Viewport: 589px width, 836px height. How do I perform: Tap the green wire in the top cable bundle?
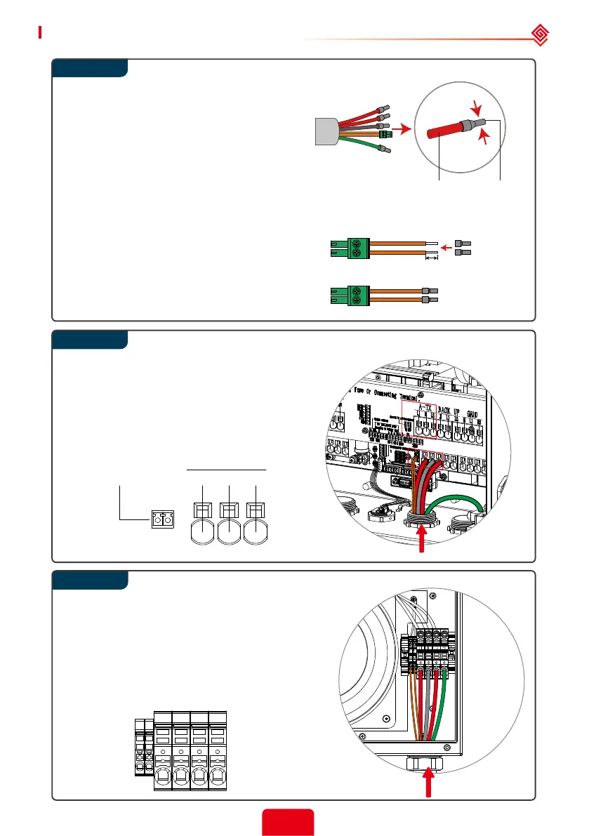pos(365,144)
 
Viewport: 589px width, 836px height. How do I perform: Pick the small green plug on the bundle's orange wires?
pos(384,133)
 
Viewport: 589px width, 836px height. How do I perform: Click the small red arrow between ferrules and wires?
pos(446,247)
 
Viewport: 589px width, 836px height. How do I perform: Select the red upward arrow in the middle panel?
pos(421,540)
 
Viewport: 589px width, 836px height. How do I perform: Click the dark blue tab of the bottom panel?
pos(90,580)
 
